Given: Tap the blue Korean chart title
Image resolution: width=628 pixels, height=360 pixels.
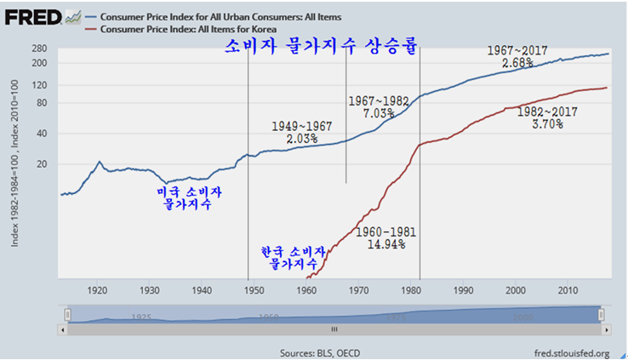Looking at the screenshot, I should click(x=322, y=46).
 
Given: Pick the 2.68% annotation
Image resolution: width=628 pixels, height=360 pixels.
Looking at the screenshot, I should click(x=517, y=64).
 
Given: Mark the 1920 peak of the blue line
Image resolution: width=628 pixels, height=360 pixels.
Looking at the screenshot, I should click(x=100, y=162).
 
